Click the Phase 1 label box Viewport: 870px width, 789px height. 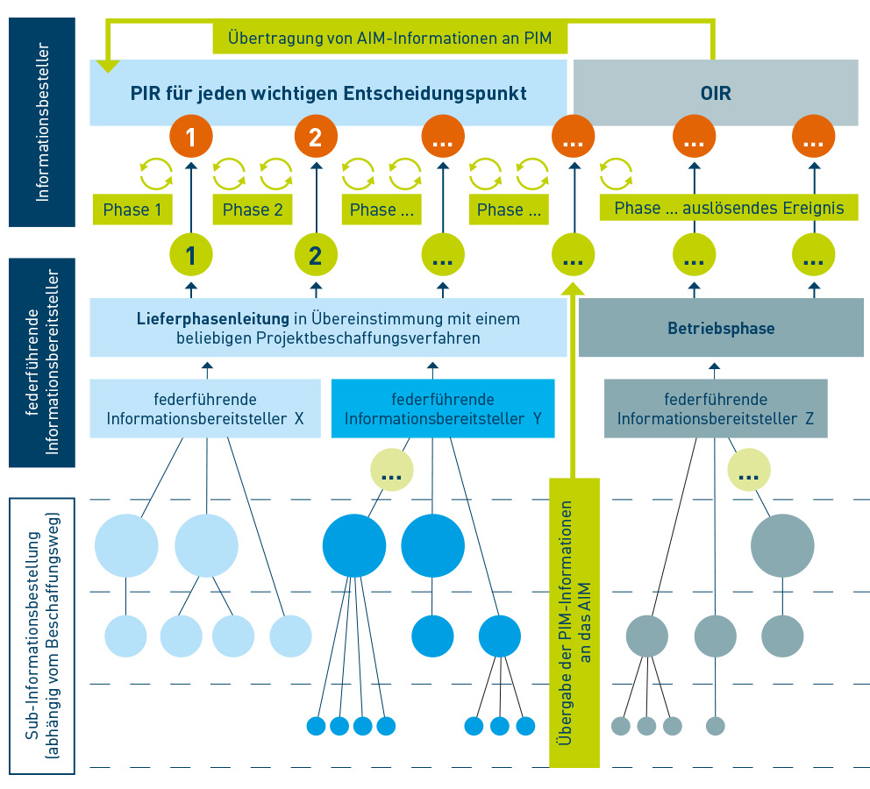click(132, 210)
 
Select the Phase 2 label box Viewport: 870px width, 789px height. click(253, 210)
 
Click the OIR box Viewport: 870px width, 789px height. click(715, 93)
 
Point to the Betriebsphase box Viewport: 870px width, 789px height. click(721, 327)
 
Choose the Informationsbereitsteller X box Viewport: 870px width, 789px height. click(205, 409)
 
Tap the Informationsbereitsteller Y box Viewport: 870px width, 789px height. click(443, 409)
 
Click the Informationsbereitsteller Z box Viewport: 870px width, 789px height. click(716, 409)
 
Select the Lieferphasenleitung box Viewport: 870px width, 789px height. click(328, 327)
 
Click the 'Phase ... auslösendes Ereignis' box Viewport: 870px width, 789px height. click(729, 208)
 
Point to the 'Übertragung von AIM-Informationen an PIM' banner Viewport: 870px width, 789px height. click(390, 39)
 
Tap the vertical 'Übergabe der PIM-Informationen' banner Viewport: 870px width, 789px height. click(574, 622)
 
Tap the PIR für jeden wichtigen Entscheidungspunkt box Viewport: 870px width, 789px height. click(329, 93)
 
